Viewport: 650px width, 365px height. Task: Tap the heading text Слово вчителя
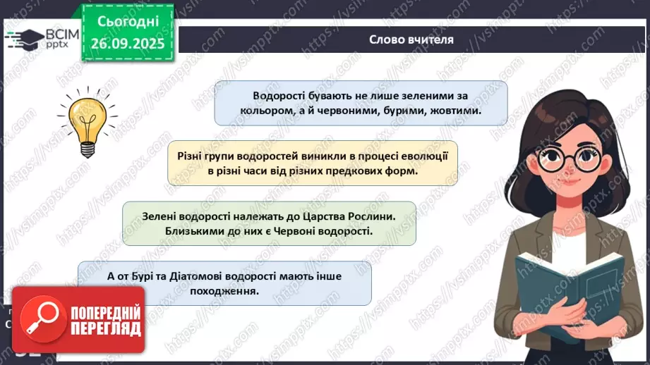point(411,39)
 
